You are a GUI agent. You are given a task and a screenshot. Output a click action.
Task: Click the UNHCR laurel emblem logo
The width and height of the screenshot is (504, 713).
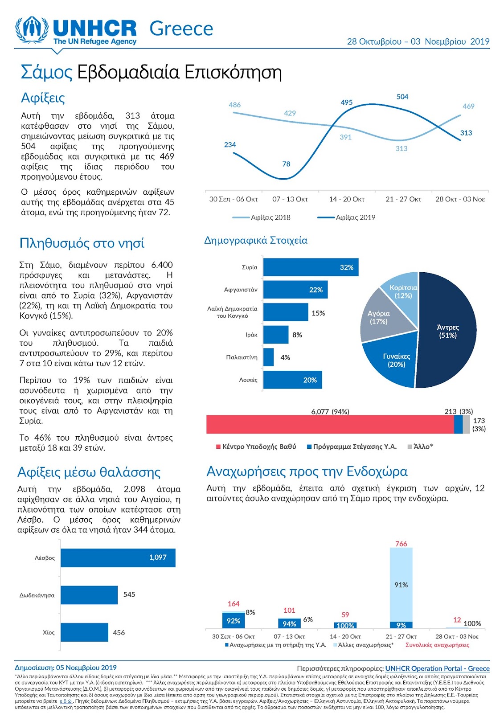32,29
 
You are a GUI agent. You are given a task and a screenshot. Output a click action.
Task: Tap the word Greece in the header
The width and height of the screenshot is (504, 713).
181,29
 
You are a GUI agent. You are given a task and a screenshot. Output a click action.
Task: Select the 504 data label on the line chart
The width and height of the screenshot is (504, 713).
402,96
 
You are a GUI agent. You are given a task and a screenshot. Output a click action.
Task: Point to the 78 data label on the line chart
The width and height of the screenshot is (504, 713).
286,164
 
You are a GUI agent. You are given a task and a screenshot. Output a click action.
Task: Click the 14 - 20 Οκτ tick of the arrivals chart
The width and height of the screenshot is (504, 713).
347,199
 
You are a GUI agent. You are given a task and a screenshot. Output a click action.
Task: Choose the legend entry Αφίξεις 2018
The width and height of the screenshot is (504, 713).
262,217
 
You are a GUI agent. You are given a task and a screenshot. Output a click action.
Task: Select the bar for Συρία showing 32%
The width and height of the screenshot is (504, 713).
311,267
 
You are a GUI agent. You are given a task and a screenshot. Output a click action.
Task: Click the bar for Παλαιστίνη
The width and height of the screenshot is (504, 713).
268,357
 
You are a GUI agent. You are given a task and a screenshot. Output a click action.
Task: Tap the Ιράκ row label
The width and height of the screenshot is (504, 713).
251,335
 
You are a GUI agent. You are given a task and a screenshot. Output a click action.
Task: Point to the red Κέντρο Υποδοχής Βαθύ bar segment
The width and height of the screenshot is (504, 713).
330,424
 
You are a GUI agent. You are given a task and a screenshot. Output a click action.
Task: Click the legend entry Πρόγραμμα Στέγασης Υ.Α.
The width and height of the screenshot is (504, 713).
352,447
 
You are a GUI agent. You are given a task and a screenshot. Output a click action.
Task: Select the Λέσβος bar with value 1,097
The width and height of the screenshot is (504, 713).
118,557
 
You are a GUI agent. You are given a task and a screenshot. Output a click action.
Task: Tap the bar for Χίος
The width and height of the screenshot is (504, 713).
84,632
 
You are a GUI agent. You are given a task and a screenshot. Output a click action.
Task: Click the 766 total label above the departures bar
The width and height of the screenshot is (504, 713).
401,544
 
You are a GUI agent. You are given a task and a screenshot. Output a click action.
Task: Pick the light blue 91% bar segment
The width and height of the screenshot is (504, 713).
401,584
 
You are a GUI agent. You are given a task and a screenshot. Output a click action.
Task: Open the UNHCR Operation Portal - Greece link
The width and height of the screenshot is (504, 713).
437,668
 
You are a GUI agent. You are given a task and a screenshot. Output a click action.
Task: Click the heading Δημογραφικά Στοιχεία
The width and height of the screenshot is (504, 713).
256,240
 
